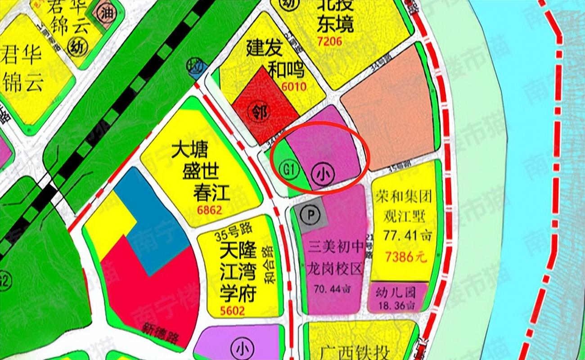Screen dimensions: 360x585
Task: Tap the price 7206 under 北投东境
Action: coord(329,42)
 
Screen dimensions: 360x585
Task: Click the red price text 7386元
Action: coord(405,257)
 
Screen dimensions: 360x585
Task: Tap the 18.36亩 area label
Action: coord(397,306)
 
